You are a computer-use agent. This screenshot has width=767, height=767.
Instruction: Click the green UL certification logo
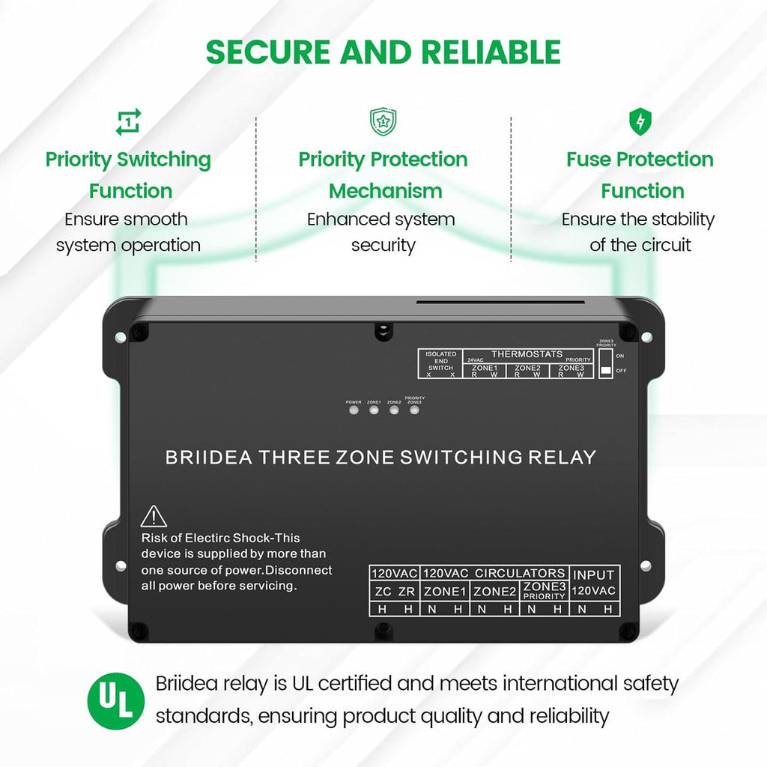[x=116, y=702]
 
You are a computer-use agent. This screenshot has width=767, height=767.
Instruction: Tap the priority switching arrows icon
[x=128, y=122]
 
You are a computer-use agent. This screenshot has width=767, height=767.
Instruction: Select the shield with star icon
[x=383, y=121]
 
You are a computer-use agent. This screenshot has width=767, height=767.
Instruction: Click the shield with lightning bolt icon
[x=639, y=121]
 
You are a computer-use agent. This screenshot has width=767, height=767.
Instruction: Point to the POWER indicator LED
[x=354, y=410]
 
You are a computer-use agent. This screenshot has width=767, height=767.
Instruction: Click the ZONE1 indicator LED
[x=373, y=410]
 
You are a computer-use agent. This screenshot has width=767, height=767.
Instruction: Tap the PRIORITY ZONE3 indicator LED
[x=413, y=410]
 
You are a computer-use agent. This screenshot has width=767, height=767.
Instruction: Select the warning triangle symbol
[x=154, y=517]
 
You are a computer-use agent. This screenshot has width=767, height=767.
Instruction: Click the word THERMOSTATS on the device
[x=527, y=354]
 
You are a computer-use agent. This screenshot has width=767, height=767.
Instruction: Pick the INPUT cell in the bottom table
[x=594, y=575]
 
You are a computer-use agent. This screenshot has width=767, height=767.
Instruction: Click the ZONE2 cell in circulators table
[x=495, y=591]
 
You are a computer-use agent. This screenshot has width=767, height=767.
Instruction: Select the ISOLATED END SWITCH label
[x=440, y=360]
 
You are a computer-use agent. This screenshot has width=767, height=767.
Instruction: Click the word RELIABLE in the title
[x=491, y=52]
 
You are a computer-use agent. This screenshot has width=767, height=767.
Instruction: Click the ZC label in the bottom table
[x=382, y=591]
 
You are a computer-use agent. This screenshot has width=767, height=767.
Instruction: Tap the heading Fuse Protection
[x=640, y=160]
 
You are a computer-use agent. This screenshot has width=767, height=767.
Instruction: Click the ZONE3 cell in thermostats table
[x=572, y=368]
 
